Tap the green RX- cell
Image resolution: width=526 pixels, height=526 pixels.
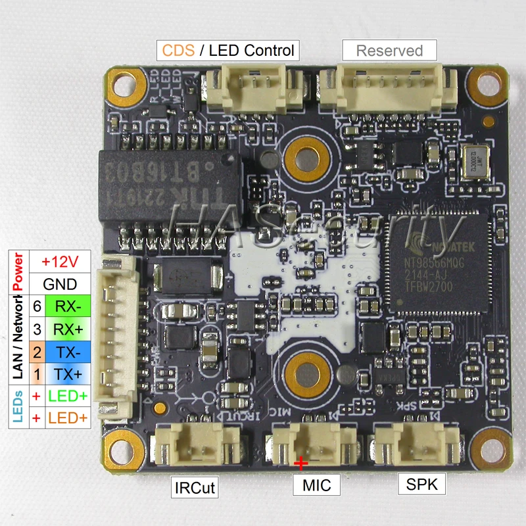tap(68, 306)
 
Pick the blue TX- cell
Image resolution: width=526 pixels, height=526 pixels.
tap(68, 352)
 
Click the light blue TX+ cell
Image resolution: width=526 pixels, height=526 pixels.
tap(68, 374)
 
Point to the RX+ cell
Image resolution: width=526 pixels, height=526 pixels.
tap(68, 329)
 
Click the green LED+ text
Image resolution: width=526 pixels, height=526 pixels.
tap(68, 396)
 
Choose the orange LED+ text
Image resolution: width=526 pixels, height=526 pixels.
tap(68, 418)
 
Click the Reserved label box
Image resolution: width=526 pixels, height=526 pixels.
tap(389, 50)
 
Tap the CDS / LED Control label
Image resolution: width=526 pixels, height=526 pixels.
tap(227, 50)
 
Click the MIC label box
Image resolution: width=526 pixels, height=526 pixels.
tap(317, 485)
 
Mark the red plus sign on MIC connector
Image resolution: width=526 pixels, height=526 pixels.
tap(301, 464)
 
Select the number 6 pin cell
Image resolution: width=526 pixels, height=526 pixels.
tap(37, 306)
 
